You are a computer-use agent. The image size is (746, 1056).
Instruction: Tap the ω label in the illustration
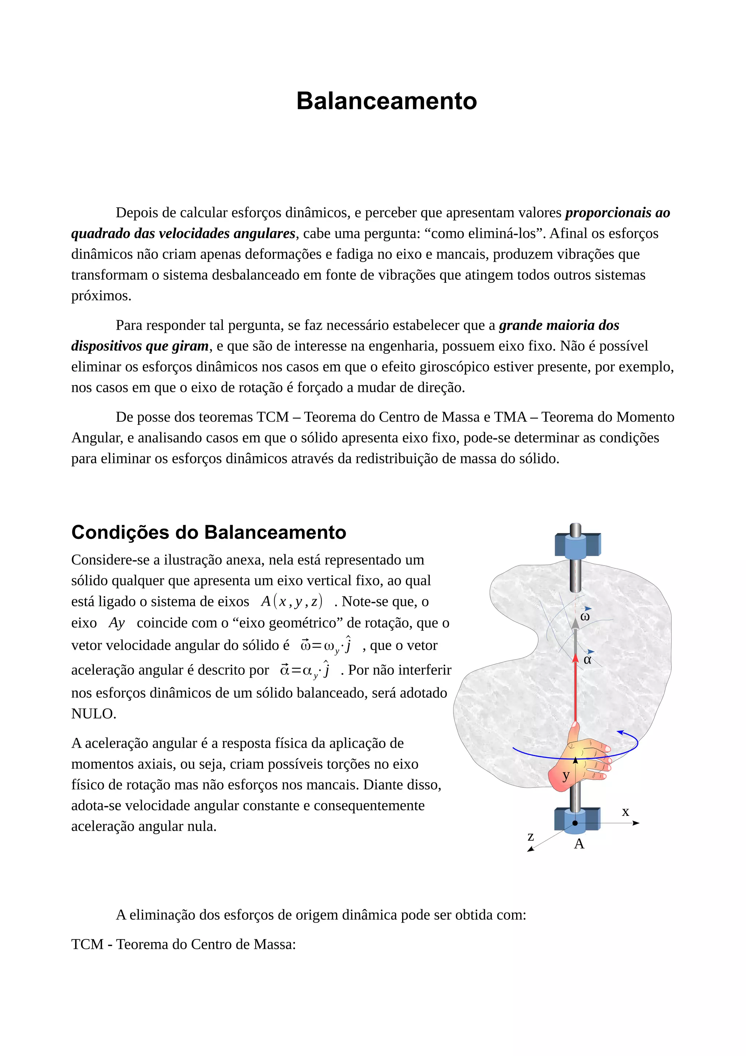pos(585,617)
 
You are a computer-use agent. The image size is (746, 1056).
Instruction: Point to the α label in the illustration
pos(587,660)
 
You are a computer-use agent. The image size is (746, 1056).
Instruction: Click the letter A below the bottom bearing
pos(579,844)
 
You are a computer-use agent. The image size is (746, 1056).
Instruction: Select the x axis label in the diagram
pos(625,812)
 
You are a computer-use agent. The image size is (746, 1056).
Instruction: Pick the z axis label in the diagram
pos(530,837)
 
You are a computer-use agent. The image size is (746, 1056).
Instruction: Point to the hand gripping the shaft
pos(581,759)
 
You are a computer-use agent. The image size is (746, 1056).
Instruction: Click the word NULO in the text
pos(93,713)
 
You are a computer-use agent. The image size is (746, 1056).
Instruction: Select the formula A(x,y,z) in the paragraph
pos(291,601)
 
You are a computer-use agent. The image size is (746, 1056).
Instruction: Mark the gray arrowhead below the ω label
pos(575,624)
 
